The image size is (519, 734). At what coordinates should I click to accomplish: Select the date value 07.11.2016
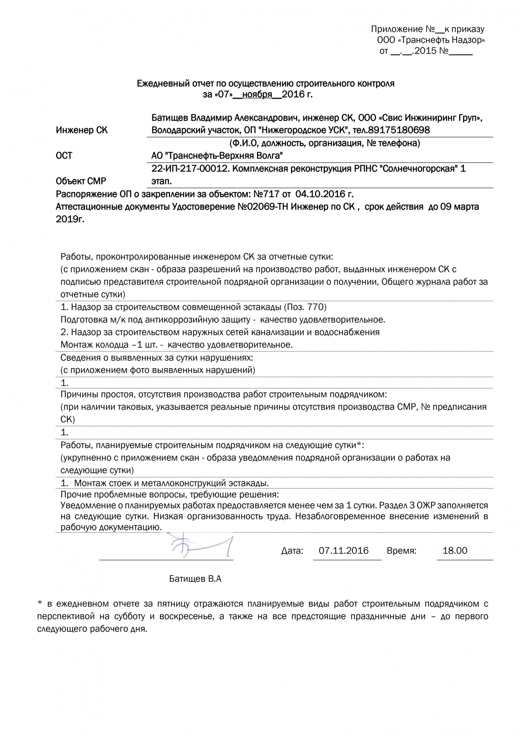tap(344, 550)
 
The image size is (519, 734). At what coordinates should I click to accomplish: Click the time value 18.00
tap(455, 550)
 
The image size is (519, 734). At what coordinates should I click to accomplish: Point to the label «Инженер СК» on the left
tap(81, 130)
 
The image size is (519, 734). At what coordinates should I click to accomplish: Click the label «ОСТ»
tap(64, 156)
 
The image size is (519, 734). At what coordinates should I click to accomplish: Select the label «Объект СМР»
tap(81, 181)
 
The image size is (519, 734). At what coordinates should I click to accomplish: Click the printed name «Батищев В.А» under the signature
tap(195, 579)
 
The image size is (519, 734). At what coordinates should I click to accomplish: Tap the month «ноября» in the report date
tap(257, 95)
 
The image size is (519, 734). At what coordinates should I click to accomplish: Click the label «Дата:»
tap(292, 551)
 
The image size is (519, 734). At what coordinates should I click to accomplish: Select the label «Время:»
tap(401, 551)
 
